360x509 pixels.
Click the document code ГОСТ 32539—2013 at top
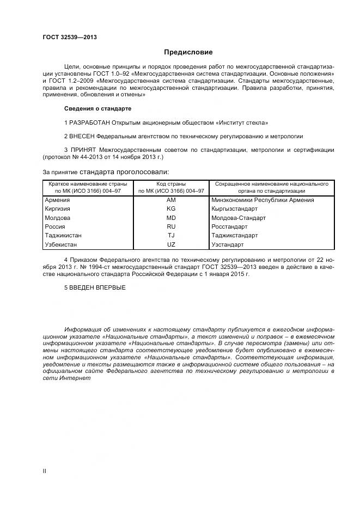(x=70, y=38)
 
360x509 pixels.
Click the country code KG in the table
(x=171, y=208)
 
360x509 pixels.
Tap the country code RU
(x=171, y=226)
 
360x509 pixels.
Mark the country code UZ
(x=171, y=245)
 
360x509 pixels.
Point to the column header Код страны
(x=171, y=184)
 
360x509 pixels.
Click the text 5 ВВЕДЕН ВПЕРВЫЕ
(x=95, y=287)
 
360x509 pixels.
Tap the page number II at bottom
(x=45, y=470)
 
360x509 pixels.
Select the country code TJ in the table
(x=171, y=236)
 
